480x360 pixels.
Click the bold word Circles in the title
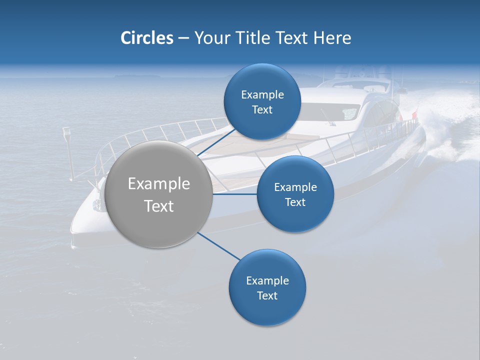click(x=146, y=38)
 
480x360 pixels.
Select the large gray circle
click(x=159, y=194)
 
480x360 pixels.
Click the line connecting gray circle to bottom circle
click(x=219, y=246)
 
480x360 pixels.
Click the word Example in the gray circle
click(x=159, y=184)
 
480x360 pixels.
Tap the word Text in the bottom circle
click(x=267, y=295)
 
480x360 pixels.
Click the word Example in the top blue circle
click(x=262, y=94)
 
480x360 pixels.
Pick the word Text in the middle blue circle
click(x=295, y=202)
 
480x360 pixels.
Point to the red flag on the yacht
click(x=414, y=116)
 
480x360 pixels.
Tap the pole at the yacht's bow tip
click(x=67, y=150)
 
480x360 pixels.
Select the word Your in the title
click(x=211, y=38)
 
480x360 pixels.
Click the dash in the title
click(x=183, y=38)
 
